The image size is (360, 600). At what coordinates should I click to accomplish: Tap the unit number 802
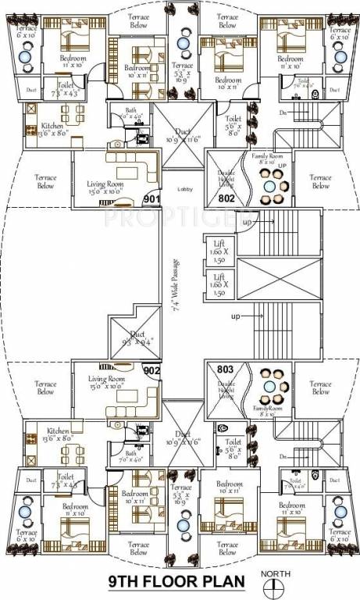coord(226,198)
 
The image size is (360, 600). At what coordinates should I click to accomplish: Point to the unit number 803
coord(226,370)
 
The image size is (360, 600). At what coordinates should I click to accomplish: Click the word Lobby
coord(184,189)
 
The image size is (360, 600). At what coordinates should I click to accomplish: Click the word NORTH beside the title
coord(280,572)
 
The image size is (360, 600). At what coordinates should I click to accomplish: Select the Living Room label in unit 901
coord(106,186)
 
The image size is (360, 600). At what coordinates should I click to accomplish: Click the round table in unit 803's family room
coord(269,387)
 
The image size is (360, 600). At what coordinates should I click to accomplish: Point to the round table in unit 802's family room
coord(269,187)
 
